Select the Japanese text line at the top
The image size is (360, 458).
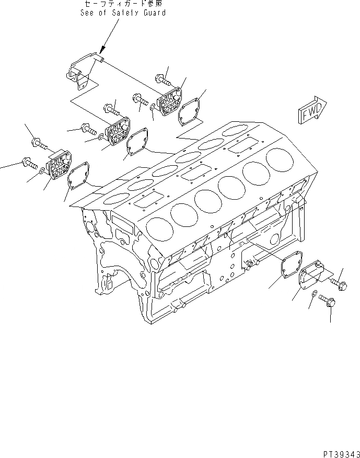pyautogui.click(x=123, y=4)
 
